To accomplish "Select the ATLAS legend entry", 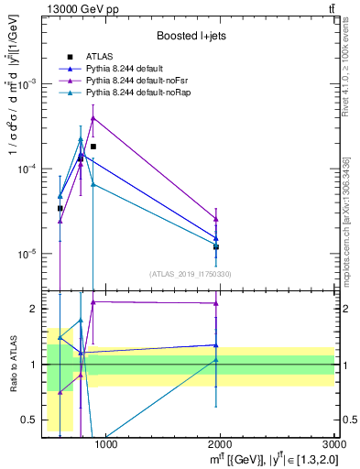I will (x=100, y=57).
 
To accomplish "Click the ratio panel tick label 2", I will (x=36, y=309).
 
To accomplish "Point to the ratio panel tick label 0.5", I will (x=33, y=420).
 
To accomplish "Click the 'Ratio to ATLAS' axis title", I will (x=12, y=365).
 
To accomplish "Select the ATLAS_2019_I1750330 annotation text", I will (x=190, y=274).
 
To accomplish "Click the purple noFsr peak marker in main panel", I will (x=93, y=117).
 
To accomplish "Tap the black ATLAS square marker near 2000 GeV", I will (x=216, y=246).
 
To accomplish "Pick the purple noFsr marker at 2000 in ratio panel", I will (x=216, y=303).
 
